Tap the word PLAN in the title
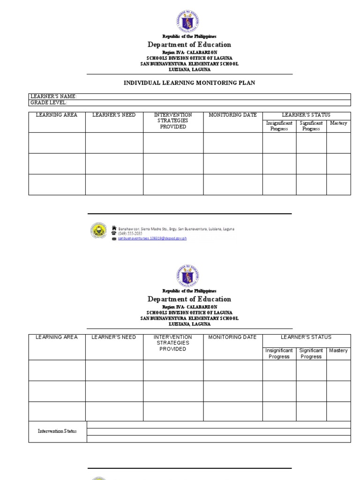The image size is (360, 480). click(x=247, y=83)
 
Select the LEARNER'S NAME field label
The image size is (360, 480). click(x=53, y=97)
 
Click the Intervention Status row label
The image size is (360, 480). click(x=57, y=431)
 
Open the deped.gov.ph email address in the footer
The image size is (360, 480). click(x=152, y=239)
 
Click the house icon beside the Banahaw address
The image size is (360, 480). click(x=114, y=228)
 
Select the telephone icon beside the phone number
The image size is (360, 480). click(x=114, y=233)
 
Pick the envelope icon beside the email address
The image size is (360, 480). click(x=114, y=239)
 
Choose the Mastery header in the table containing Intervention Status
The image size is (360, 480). click(x=338, y=351)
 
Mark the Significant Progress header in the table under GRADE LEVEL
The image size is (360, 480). click(x=311, y=126)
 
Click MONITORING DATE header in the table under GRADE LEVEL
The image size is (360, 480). click(x=232, y=115)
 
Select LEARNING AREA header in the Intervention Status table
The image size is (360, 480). click(x=57, y=337)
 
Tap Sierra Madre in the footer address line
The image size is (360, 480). click(x=154, y=229)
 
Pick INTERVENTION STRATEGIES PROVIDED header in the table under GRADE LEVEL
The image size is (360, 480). click(x=173, y=120)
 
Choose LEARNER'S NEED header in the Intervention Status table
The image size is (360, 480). click(x=114, y=337)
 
